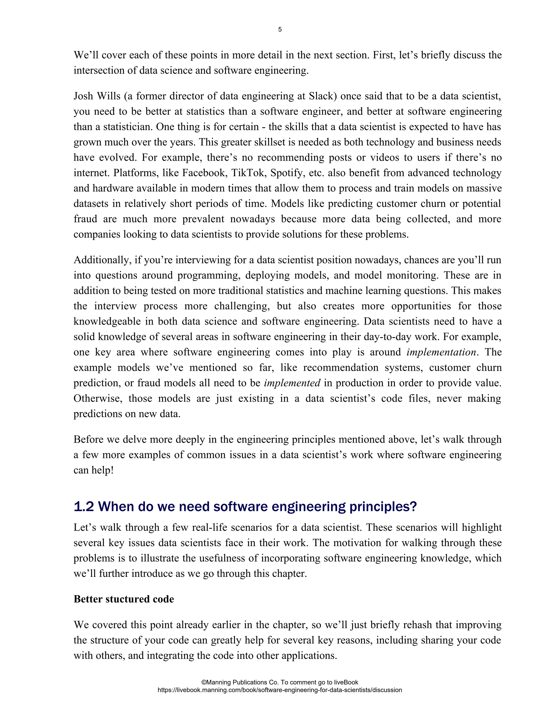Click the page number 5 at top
pyautogui.click(x=280, y=30)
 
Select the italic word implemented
pyautogui.click(x=292, y=383)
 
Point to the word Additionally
pyautogui.click(x=102, y=260)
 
